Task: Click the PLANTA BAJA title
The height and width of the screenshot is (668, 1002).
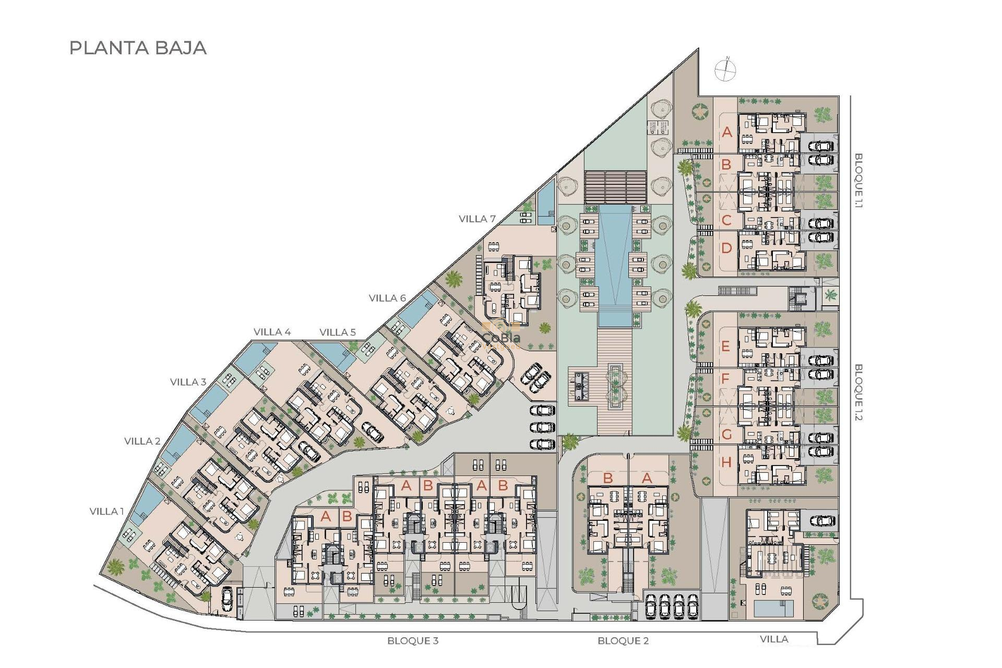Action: [x=138, y=48]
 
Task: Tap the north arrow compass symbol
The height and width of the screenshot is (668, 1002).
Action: [x=725, y=69]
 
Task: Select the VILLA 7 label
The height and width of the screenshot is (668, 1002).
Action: [x=477, y=219]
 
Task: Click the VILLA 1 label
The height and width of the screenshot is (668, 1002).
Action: [x=107, y=511]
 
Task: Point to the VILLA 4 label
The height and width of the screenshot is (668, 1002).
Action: [x=272, y=332]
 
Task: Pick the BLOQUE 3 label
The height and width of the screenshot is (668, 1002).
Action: [x=413, y=641]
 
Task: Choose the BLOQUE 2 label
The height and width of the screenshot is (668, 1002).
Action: [x=623, y=641]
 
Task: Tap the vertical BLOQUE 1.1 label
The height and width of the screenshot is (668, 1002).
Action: [x=858, y=181]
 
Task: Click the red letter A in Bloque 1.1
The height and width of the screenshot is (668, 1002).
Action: [x=727, y=132]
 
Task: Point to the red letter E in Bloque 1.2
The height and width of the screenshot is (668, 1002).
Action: [x=725, y=346]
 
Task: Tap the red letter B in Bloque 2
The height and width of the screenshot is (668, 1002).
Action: [x=607, y=478]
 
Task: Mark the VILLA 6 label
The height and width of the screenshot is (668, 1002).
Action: [x=387, y=298]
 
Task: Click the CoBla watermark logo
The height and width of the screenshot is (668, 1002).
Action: [x=501, y=338]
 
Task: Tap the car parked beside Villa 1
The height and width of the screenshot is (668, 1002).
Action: [x=227, y=599]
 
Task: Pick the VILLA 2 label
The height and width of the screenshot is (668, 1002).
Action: [x=142, y=442]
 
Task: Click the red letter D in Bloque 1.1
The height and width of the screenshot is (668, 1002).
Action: [x=726, y=248]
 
